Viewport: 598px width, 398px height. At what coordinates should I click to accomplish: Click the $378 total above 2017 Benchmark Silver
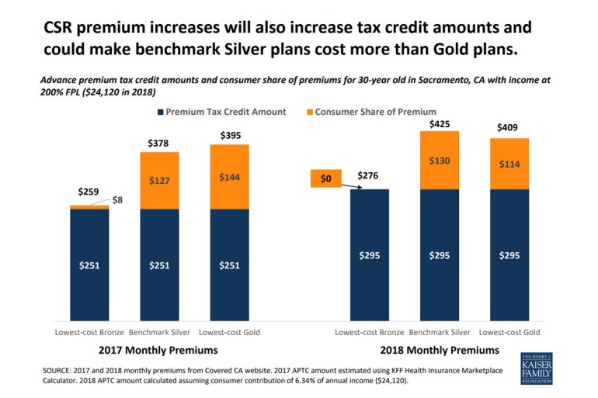click(x=159, y=143)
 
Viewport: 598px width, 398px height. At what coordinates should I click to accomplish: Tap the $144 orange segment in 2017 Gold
click(x=229, y=178)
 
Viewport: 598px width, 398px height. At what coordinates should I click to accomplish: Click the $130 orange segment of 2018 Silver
click(x=439, y=160)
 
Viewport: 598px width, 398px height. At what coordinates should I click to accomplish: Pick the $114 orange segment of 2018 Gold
click(x=509, y=164)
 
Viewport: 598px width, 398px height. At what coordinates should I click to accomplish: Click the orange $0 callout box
click(x=325, y=178)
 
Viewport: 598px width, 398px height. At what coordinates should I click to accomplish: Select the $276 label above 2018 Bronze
click(x=369, y=176)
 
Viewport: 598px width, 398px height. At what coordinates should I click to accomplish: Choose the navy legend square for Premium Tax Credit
click(x=161, y=112)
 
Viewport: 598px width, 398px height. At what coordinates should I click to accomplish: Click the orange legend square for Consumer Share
click(x=308, y=112)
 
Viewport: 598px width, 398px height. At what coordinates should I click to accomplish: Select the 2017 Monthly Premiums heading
click(x=158, y=349)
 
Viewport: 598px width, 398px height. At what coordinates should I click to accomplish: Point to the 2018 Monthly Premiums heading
click(x=439, y=349)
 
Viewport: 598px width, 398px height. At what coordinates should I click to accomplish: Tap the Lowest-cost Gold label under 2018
click(x=509, y=332)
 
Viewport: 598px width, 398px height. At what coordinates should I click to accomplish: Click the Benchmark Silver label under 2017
click(x=159, y=332)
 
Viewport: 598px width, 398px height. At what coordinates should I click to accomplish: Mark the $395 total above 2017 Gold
click(x=229, y=136)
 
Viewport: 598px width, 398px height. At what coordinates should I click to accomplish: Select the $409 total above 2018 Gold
click(x=509, y=128)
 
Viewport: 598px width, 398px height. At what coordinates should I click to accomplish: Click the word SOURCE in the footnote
click(x=61, y=369)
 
